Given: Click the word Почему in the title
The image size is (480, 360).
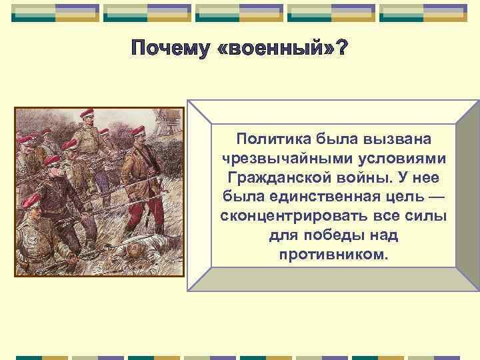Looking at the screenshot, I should tap(171, 49).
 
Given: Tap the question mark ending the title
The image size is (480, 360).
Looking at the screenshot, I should tap(341, 49).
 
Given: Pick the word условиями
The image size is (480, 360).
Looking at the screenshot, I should tap(401, 159).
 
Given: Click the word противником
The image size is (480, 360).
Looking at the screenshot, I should tap(333, 256).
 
